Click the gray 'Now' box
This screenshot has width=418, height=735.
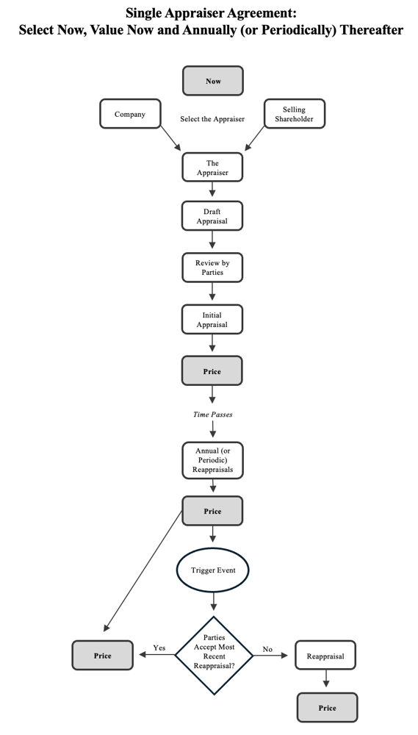coord(212,81)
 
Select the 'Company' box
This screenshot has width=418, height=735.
coord(130,114)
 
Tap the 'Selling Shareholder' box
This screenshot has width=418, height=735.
coord(294,114)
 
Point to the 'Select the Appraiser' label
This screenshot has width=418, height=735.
coord(212,119)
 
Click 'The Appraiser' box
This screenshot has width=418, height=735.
coord(212,168)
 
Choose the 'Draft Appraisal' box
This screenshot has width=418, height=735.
coord(212,216)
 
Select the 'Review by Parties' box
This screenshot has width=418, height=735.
coord(212,268)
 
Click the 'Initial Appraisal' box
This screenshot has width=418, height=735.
coord(212,320)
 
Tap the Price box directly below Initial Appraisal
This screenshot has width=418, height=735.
coord(212,371)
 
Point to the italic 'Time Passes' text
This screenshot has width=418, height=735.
coord(212,415)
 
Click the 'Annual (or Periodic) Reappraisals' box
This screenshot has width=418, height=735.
coord(212,460)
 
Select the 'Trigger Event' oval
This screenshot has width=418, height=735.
coord(212,570)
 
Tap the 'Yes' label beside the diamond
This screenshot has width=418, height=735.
coord(159,648)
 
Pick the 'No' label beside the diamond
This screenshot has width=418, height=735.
coord(267,649)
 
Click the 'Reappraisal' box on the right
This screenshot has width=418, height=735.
coord(325,656)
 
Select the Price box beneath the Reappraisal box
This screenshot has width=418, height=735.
coord(327,708)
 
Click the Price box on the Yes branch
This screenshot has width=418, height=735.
coord(103,655)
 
